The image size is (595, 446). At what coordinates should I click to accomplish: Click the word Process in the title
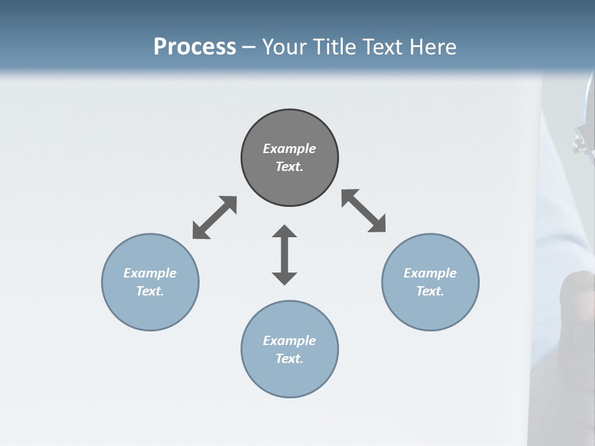coord(195,47)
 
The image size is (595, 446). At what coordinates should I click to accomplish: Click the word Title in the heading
coord(334,47)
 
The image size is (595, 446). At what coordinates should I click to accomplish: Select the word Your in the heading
coord(284,47)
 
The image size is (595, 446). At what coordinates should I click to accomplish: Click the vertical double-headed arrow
coord(284,255)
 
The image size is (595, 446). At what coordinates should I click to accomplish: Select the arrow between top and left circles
coord(214,217)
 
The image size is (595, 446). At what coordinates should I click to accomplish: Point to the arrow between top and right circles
coord(364,211)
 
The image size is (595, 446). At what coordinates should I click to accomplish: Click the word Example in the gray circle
coord(289,149)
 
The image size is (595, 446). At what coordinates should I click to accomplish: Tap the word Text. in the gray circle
coord(289,167)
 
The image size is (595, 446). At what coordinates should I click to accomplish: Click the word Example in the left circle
coord(150,273)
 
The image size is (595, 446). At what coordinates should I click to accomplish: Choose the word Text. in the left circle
coord(150,291)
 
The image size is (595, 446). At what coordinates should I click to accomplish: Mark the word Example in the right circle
coord(430,273)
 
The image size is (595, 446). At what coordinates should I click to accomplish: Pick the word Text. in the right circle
coord(430,291)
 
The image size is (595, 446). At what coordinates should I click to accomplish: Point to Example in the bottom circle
coord(289,341)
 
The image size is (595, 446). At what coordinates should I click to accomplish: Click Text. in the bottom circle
coord(289,359)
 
